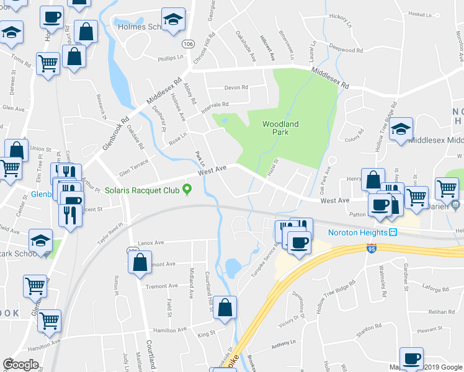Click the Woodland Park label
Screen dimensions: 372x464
280,128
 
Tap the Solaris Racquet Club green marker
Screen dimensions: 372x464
187,190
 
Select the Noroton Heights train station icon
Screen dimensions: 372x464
393,232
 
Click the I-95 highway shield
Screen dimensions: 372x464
370,248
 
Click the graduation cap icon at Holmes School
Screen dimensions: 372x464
174,20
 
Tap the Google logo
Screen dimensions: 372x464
21,365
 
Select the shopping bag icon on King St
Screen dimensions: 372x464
225,308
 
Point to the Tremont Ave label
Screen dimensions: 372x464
161,286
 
